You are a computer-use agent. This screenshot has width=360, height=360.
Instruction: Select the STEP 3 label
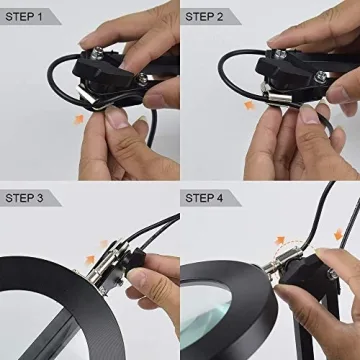coord(28,197)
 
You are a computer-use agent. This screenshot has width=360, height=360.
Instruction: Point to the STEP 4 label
coord(211,197)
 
